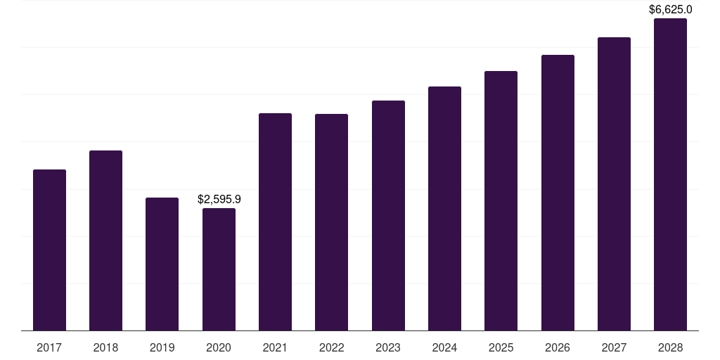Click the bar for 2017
49,250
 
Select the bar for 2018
105,240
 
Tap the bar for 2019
162,264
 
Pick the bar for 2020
219,269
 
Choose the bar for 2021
275,221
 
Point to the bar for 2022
331,222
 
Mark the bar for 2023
388,215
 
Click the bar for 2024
444,208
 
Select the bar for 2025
501,200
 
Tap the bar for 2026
558,193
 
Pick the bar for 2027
614,184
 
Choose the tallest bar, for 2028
670,174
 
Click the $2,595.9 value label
219,200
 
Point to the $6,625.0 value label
670,10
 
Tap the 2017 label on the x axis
49,347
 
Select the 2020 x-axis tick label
219,347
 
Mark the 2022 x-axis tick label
331,347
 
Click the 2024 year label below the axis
444,347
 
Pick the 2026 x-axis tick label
558,347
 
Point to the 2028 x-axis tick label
670,347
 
